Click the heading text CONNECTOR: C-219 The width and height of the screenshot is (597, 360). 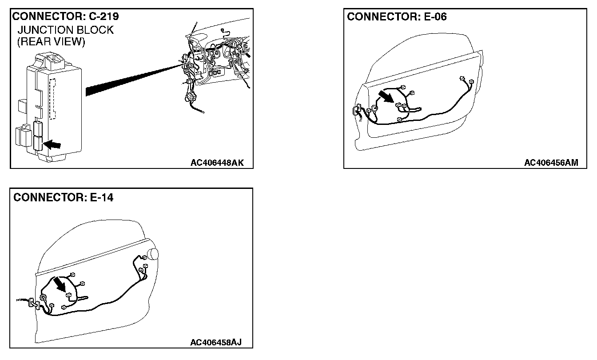click(66, 17)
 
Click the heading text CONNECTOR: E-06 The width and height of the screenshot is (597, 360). click(397, 17)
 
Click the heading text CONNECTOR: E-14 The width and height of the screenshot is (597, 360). click(63, 197)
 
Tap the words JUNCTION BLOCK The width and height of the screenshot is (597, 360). click(65, 30)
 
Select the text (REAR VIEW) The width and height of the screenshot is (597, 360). click(51, 42)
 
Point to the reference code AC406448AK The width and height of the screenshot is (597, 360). click(217, 163)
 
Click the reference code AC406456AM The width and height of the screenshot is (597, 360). click(551, 162)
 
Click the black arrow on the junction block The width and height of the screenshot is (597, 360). click(53, 144)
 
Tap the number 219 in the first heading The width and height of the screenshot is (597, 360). click(109, 17)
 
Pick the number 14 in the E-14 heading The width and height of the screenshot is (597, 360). click(107, 197)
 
